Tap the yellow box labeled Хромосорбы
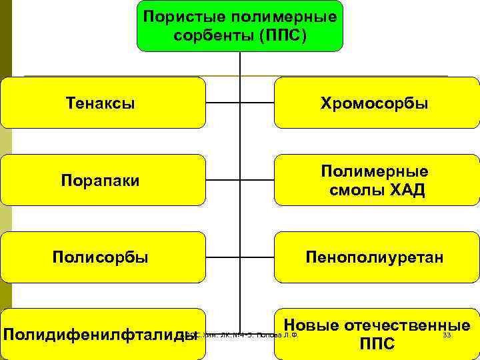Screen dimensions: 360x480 point(376,103)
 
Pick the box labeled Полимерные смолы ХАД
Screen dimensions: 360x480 point(376,180)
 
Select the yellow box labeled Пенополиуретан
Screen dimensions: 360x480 point(376,257)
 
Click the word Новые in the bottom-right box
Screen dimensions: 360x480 point(317,325)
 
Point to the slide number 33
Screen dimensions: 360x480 point(447,335)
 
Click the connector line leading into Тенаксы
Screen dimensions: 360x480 point(223,103)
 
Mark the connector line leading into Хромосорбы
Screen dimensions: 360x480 point(257,103)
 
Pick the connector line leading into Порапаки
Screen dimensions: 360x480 point(223,180)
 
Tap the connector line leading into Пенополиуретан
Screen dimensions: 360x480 point(257,257)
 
